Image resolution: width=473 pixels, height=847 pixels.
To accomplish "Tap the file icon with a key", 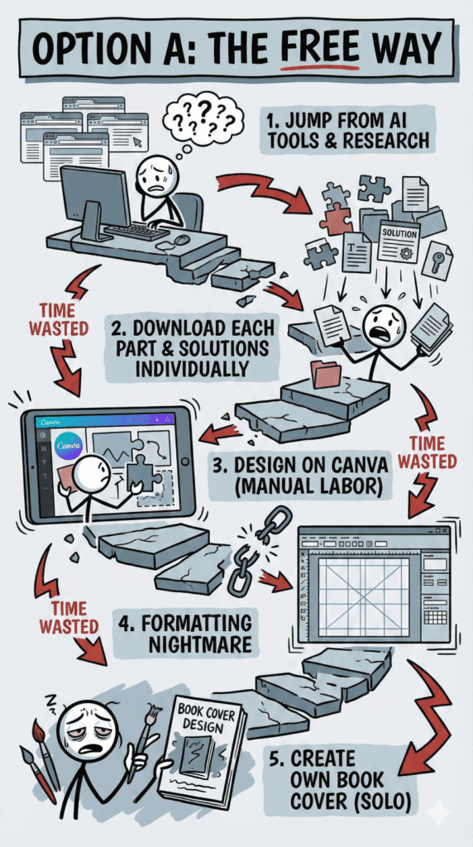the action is (437, 259).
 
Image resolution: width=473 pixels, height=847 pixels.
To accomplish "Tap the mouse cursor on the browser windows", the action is (138, 142).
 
